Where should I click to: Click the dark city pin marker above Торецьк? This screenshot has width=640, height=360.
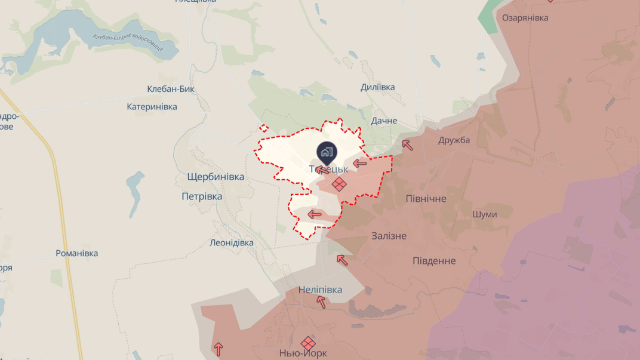pyautogui.click(x=327, y=152)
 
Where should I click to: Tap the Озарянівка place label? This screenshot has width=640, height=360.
pyautogui.click(x=525, y=18)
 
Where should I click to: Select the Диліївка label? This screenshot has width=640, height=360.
pyautogui.click(x=377, y=87)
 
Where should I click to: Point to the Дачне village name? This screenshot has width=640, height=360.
pyautogui.click(x=384, y=121)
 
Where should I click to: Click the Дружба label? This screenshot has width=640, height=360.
pyautogui.click(x=454, y=140)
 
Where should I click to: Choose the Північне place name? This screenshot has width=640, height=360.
pyautogui.click(x=426, y=199)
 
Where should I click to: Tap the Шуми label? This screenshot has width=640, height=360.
pyautogui.click(x=484, y=214)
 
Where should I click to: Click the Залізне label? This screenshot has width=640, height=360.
pyautogui.click(x=389, y=236)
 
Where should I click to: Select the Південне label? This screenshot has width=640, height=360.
pyautogui.click(x=434, y=261)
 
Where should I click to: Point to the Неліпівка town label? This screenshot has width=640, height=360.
pyautogui.click(x=321, y=290)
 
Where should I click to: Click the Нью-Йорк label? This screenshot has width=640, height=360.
pyautogui.click(x=303, y=353)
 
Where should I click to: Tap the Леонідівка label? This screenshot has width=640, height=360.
pyautogui.click(x=232, y=243)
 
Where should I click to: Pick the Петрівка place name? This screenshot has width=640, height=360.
pyautogui.click(x=202, y=196)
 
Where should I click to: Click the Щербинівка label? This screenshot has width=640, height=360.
pyautogui.click(x=216, y=177)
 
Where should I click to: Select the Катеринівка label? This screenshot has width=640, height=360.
pyautogui.click(x=152, y=107)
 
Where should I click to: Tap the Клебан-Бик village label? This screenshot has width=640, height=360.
pyautogui.click(x=171, y=90)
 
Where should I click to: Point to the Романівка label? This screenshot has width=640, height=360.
pyautogui.click(x=76, y=254)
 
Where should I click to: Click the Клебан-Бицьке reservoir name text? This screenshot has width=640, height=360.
pyautogui.click(x=128, y=42)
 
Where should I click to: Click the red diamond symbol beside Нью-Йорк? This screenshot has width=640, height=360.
pyautogui.click(x=308, y=343)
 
